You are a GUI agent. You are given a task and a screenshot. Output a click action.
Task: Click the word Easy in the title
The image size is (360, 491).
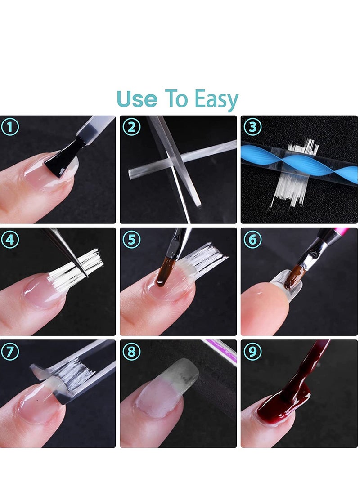coord(216,100)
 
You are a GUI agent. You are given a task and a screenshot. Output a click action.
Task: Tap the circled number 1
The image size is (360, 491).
coord(10,127)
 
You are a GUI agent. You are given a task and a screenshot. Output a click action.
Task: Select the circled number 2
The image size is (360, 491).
coord(131,127)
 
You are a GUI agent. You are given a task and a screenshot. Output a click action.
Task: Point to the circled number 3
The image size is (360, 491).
coord(252,127)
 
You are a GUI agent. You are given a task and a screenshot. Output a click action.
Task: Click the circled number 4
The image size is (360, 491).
coord(10,240)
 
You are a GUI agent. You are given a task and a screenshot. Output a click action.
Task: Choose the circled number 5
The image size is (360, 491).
coord(131,240)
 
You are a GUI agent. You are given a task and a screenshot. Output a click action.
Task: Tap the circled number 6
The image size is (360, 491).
coord(252,240)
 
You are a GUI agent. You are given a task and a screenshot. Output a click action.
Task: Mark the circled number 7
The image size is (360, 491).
coord(10,351)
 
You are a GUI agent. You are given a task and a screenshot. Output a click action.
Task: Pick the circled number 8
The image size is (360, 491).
coord(131,351)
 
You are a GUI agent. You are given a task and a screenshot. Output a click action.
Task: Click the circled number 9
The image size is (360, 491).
coord(252,351)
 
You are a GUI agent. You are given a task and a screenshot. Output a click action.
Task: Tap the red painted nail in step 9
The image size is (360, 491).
coord(279,405)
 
